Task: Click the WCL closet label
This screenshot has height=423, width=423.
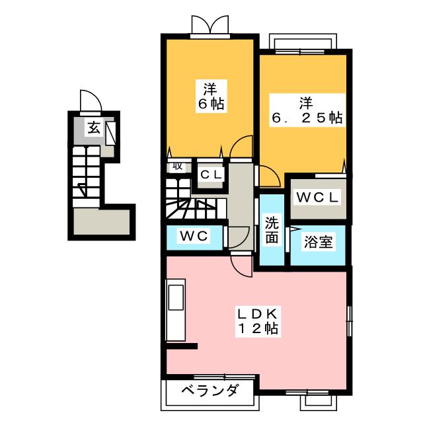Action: (317, 197)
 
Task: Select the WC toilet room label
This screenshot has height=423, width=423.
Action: (193, 236)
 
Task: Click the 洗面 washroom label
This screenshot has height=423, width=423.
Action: (272, 230)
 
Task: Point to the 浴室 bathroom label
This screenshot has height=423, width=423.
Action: (318, 242)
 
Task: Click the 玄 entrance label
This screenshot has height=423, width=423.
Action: (95, 128)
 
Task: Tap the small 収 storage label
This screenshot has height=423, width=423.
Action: (177, 165)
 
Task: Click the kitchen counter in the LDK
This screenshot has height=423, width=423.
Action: (178, 311)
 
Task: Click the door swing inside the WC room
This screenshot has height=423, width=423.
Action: (238, 236)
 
